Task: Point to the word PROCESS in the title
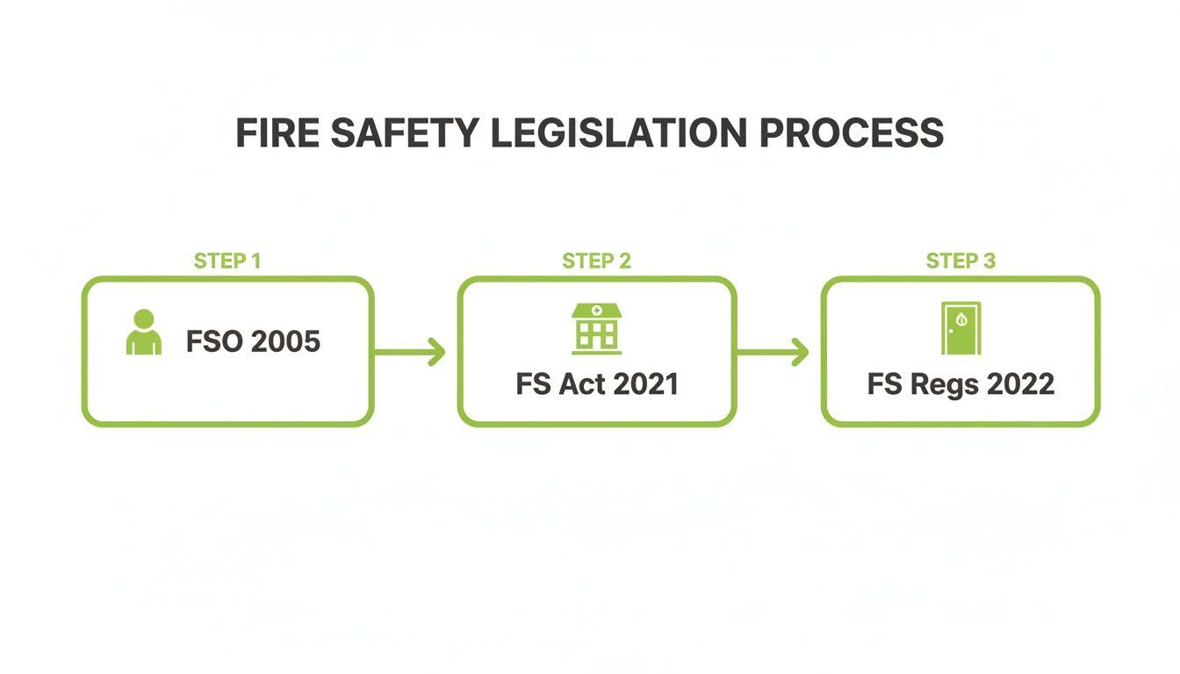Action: pos(851,133)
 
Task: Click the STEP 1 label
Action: pos(227,261)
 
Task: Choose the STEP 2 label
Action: pos(596,261)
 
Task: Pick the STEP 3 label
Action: pos(961,261)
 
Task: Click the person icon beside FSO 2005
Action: pos(144,333)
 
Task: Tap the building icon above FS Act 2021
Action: pos(596,328)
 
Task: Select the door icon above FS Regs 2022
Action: pos(961,328)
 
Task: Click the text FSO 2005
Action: pos(253,341)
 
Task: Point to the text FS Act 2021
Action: pos(597,384)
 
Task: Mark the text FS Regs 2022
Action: pos(961,384)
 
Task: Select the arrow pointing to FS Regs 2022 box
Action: pos(773,353)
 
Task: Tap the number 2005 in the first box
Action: pos(284,341)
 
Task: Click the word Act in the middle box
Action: pos(575,384)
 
